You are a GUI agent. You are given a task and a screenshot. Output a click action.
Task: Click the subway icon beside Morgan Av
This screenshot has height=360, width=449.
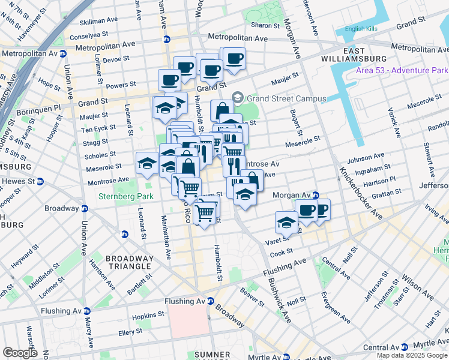click(x=315, y=195)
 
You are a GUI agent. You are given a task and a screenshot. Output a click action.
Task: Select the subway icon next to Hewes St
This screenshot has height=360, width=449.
click(x=40, y=181)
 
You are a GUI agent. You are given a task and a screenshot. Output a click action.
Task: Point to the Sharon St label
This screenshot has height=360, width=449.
click(x=265, y=25)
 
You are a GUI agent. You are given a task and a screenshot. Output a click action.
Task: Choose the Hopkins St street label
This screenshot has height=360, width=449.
click(x=149, y=314)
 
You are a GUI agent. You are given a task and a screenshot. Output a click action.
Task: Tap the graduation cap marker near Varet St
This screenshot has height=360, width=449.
click(x=286, y=222)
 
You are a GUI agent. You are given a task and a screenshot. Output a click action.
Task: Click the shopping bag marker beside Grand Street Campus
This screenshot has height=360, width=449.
click(x=221, y=111)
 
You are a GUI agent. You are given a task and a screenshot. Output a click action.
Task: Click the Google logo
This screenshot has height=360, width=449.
click(x=19, y=353)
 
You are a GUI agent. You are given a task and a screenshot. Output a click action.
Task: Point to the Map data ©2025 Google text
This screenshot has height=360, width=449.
click(x=412, y=355)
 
